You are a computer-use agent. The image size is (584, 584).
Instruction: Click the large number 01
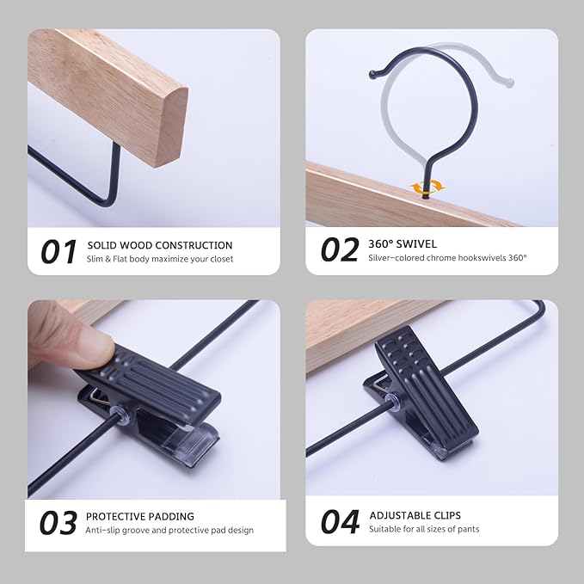59,251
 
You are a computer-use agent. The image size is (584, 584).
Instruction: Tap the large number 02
339,249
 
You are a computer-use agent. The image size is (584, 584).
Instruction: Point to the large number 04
340,521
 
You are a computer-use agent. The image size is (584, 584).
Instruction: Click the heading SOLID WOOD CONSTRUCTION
160,245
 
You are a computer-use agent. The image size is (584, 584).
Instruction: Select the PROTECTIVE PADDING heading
140,516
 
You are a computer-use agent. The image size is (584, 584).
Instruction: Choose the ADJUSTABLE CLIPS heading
415,515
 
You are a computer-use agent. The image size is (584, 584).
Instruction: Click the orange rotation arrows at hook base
427,186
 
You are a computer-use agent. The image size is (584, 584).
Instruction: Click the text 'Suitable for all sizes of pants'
425,529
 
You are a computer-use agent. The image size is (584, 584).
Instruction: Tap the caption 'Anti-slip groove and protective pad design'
169,530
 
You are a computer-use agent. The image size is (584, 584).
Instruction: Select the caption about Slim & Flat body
160,259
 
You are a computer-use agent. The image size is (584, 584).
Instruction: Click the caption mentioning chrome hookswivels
447,257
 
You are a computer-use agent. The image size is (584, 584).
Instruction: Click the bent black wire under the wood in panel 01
108,194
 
